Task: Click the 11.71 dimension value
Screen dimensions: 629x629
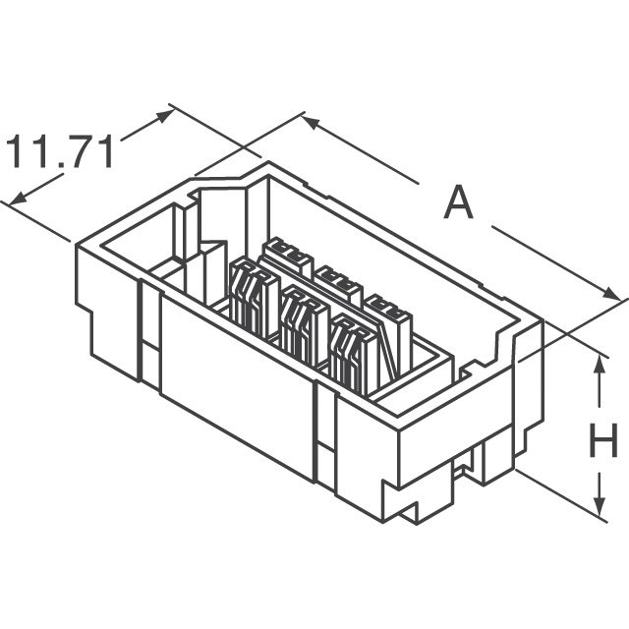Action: pos(61,153)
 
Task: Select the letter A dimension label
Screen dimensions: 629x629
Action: pos(457,203)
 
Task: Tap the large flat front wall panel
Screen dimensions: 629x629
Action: pos(236,383)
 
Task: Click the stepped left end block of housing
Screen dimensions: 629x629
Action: pos(108,314)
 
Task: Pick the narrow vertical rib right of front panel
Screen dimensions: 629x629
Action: pos(324,432)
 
